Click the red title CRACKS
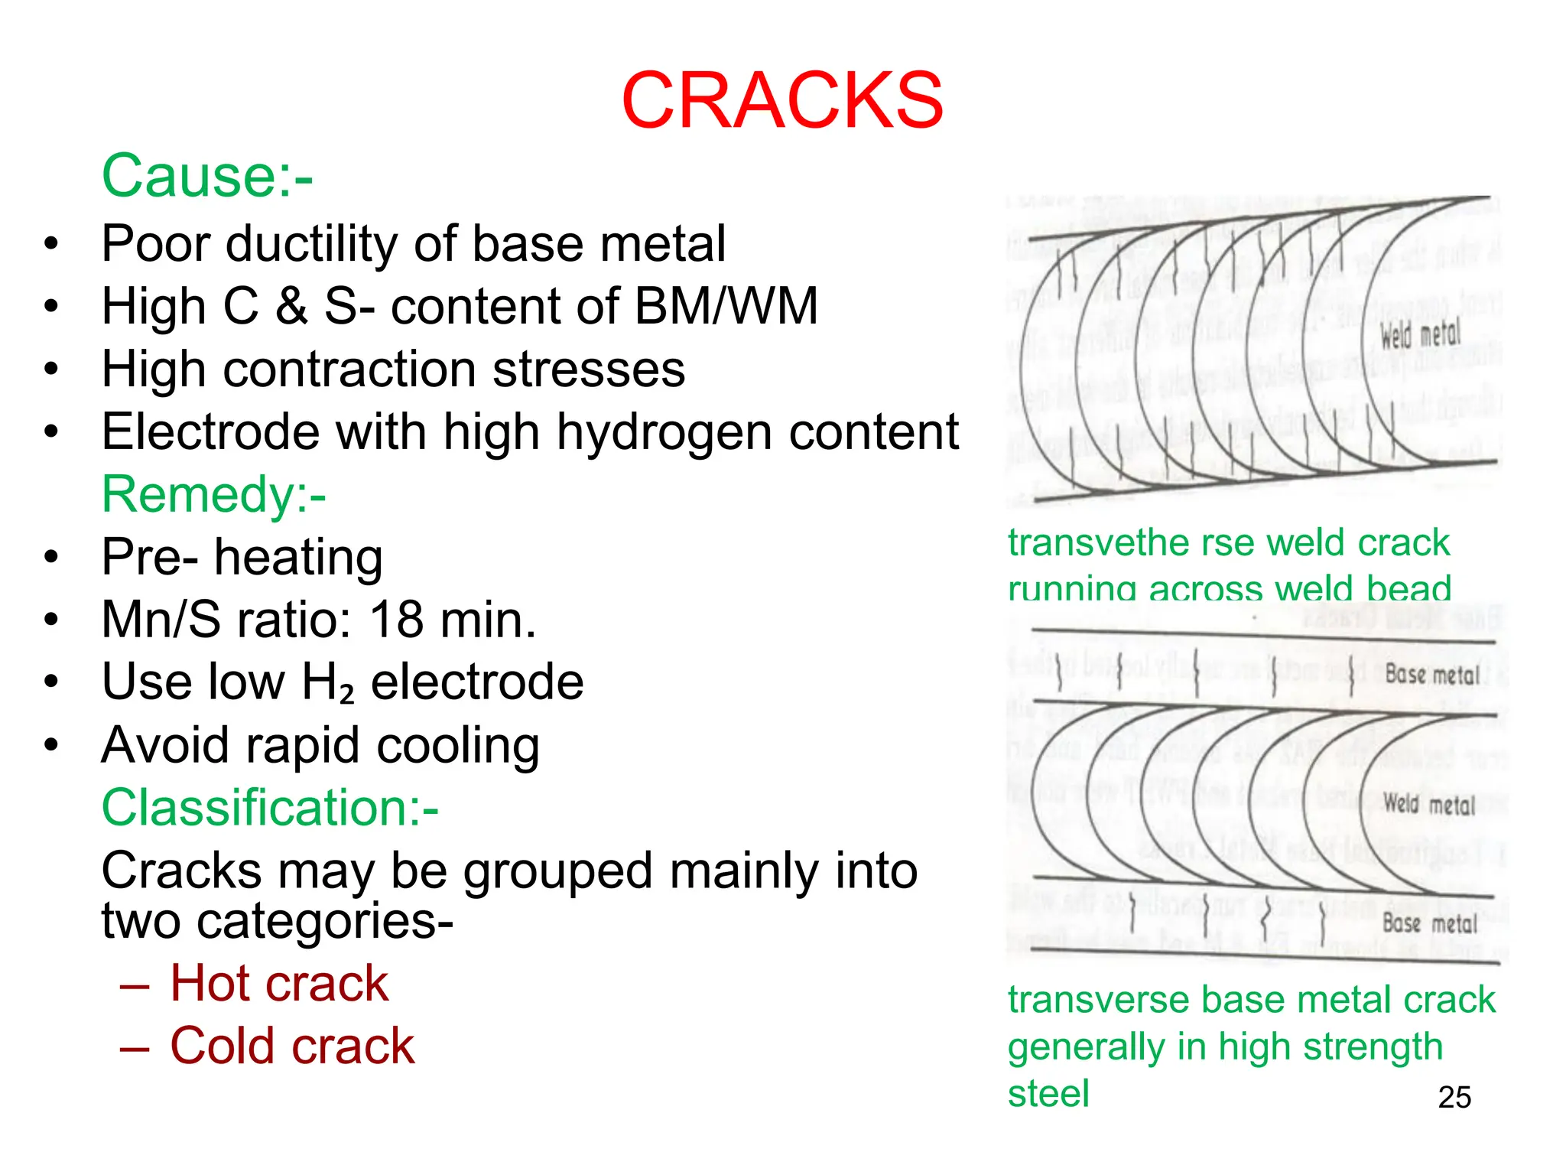tap(782, 100)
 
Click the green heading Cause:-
tap(207, 176)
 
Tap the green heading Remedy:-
tap(214, 494)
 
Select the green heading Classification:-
tap(270, 808)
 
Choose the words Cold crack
tap(292, 1046)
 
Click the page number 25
tap(1454, 1098)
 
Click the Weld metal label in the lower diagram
tap(1428, 804)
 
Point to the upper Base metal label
tap(1432, 675)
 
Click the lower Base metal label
tap(1430, 923)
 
